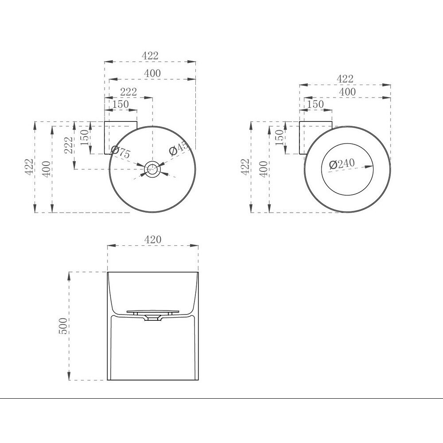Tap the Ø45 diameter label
[178, 148]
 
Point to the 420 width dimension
[153, 240]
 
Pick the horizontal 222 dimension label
[128, 92]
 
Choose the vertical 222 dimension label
[69, 145]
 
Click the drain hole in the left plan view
[152, 169]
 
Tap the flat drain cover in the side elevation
[153, 311]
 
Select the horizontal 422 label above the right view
[345, 79]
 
